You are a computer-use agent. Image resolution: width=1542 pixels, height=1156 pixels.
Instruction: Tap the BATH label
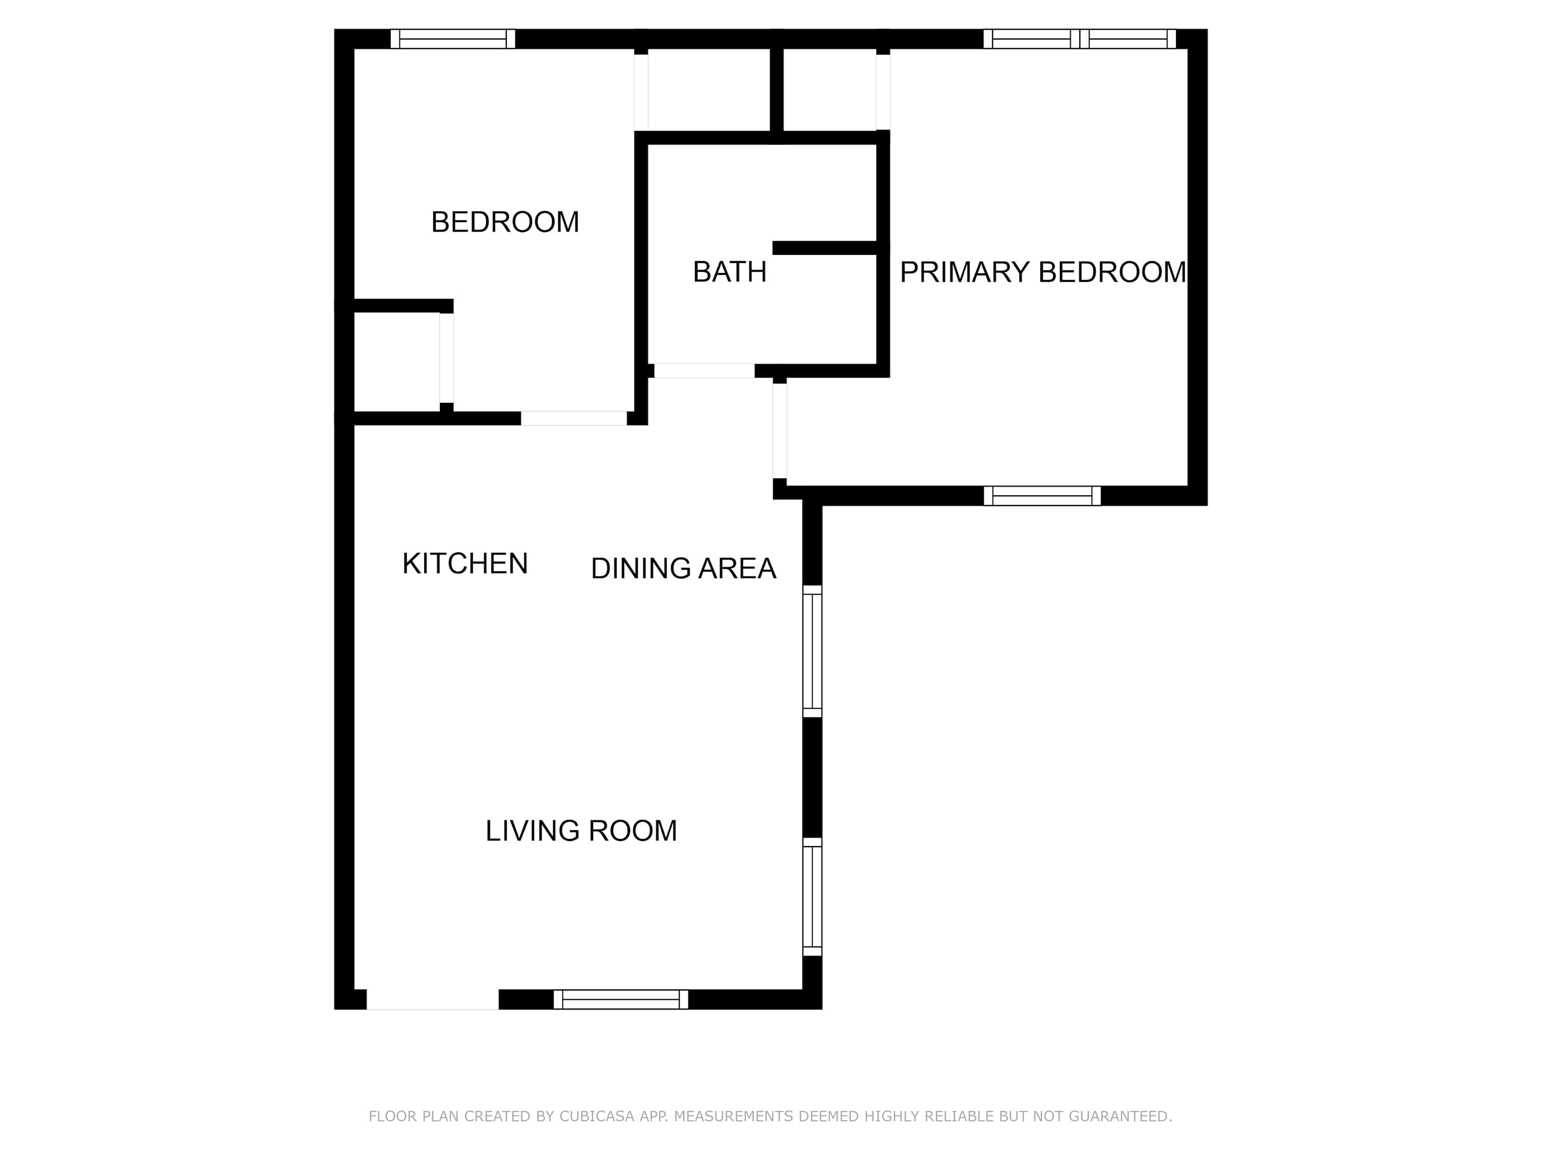pos(729,272)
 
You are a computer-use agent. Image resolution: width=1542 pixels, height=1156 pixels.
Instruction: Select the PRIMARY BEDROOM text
pos(1043,272)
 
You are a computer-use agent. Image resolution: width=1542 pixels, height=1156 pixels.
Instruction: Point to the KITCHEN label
pos(465,564)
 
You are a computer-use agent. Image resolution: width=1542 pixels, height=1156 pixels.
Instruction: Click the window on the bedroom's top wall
pos(452,39)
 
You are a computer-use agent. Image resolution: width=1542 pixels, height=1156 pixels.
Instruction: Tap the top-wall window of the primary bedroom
pos(1079,39)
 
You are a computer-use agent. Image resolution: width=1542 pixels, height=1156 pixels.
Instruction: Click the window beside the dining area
pos(813,651)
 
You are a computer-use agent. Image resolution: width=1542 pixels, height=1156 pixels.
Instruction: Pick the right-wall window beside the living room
pos(813,897)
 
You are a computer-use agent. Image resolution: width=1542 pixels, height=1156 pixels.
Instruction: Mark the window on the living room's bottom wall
pos(620,999)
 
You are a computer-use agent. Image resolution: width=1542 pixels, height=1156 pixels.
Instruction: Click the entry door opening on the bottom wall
pos(433,999)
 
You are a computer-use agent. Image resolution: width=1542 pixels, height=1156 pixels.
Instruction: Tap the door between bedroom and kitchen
pos(574,418)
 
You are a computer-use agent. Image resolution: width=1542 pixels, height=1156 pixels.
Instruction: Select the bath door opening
pos(704,371)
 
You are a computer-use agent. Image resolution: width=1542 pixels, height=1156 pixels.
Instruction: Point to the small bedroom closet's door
pos(447,358)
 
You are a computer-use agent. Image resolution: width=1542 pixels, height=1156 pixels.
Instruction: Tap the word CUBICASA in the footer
pos(597,1116)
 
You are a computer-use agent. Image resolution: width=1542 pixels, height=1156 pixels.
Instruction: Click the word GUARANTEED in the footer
pos(1120,1116)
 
